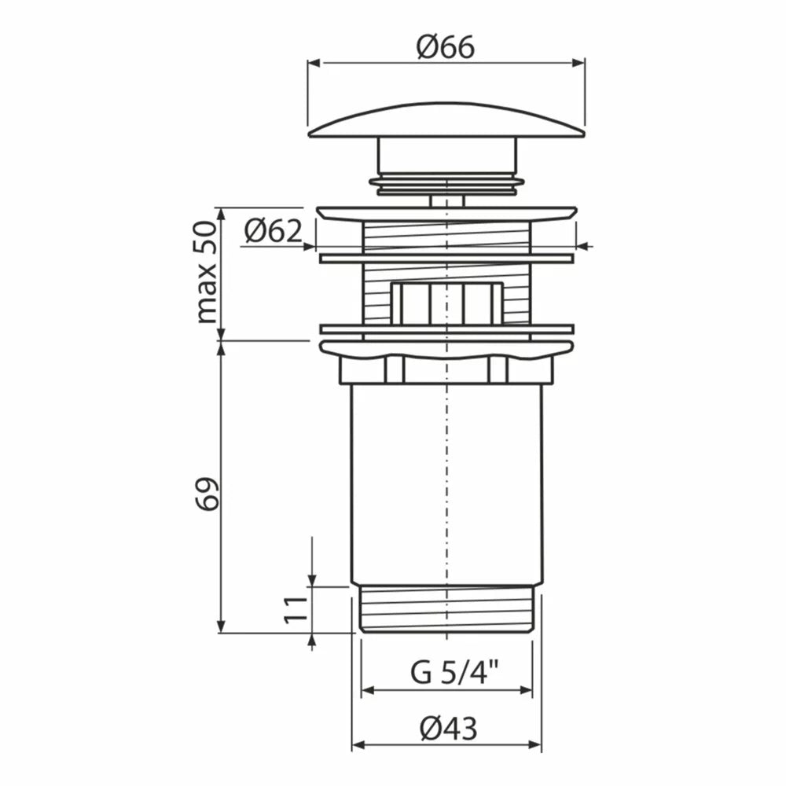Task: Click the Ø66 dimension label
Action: click(445, 48)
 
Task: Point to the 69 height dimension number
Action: click(207, 494)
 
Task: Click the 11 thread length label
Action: click(296, 610)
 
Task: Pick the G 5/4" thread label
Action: click(454, 672)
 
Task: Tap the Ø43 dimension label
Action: click(449, 728)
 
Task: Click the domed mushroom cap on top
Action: click(446, 120)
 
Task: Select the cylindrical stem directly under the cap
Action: click(446, 156)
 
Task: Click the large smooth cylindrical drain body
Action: click(446, 483)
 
